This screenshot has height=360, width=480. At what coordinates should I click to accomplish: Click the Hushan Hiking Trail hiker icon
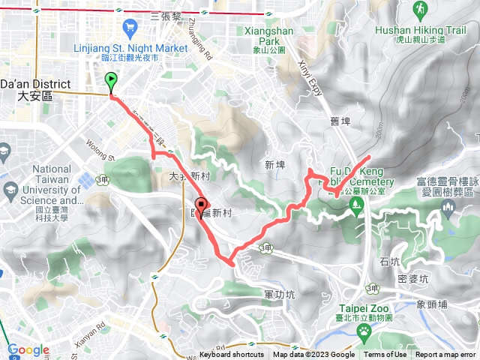(x=419, y=10)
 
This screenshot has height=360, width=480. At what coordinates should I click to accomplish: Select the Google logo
(x=28, y=349)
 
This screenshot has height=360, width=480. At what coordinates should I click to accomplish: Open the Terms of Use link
(x=385, y=355)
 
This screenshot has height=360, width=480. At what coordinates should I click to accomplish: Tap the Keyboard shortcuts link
(x=231, y=355)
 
